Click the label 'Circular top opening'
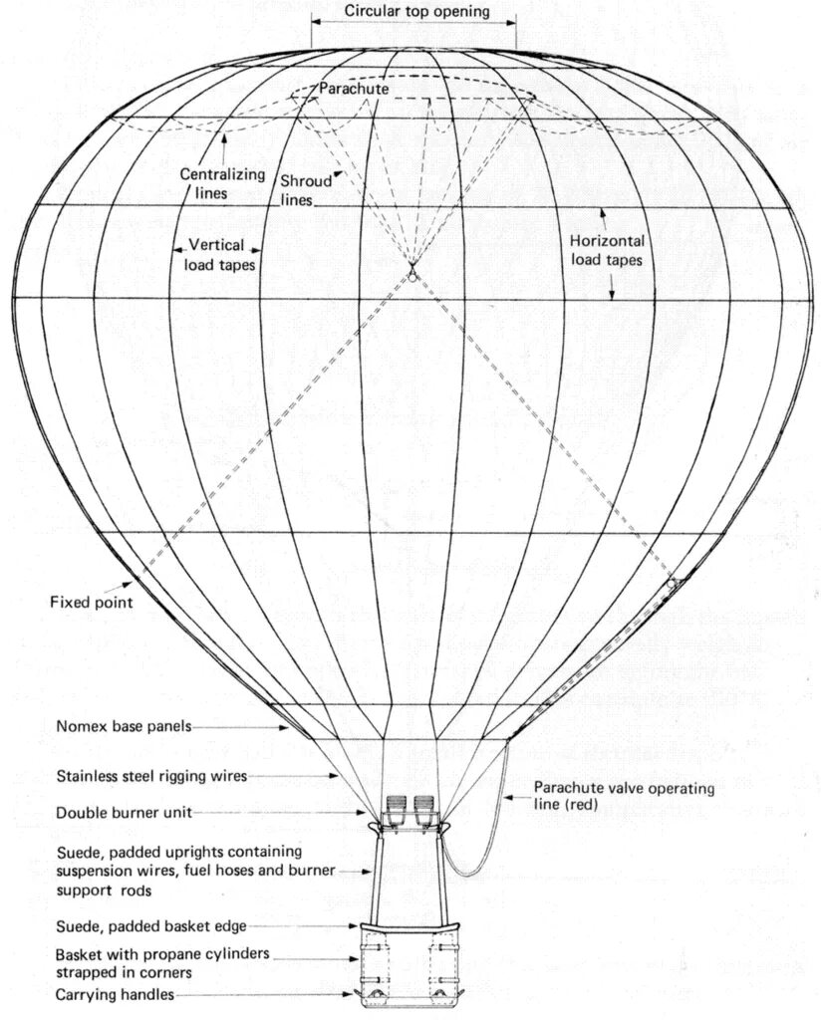coord(416,12)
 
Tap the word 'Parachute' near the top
coord(354,89)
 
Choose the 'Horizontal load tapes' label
coord(606,249)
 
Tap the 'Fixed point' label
coord(90,602)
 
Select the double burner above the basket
coord(411,809)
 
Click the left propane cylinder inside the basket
coord(384,964)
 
